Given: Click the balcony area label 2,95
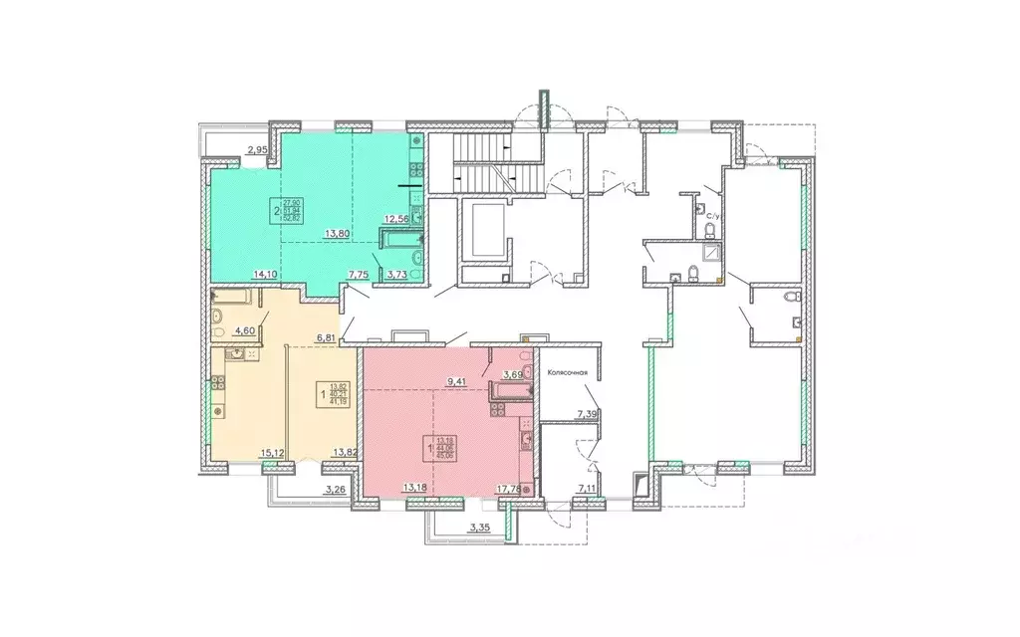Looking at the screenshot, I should (257, 151).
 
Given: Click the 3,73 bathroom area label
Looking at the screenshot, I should (395, 276).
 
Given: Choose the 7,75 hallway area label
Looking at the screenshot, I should (358, 276).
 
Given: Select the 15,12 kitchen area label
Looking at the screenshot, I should (273, 454).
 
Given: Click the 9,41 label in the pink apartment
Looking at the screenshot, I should (458, 379).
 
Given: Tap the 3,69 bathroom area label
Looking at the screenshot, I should (513, 375).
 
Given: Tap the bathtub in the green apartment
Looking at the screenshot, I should (397, 238).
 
